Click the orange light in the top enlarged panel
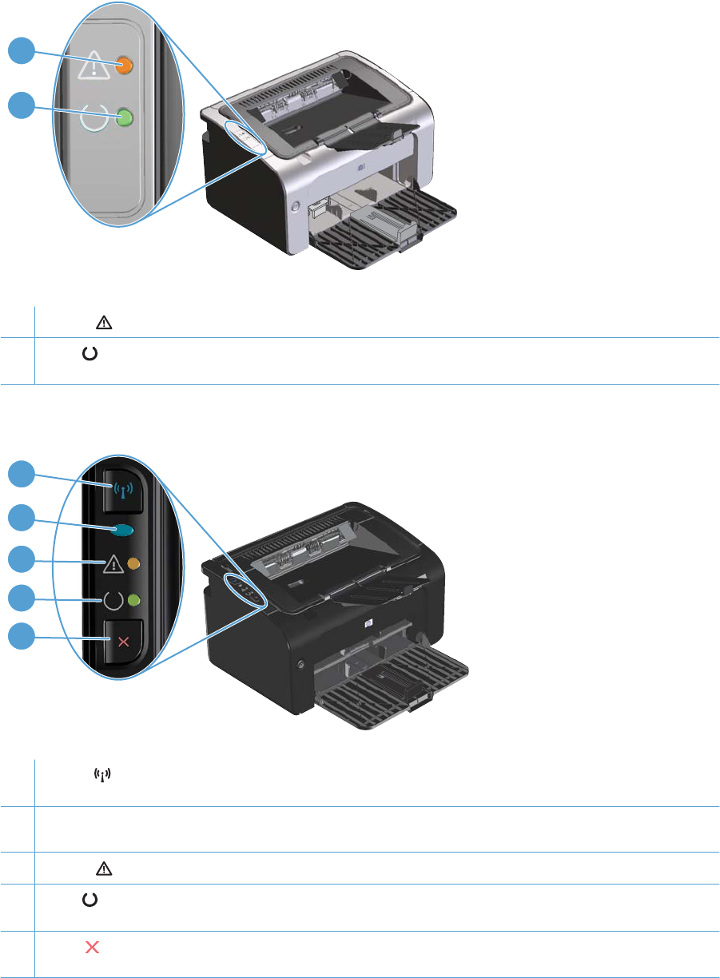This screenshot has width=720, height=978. [x=123, y=66]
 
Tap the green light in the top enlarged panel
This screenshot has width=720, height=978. [x=124, y=119]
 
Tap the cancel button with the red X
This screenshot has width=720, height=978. [x=124, y=642]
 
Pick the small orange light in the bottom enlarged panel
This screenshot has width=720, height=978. [x=133, y=564]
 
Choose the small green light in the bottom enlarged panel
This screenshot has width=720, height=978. [x=133, y=601]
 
